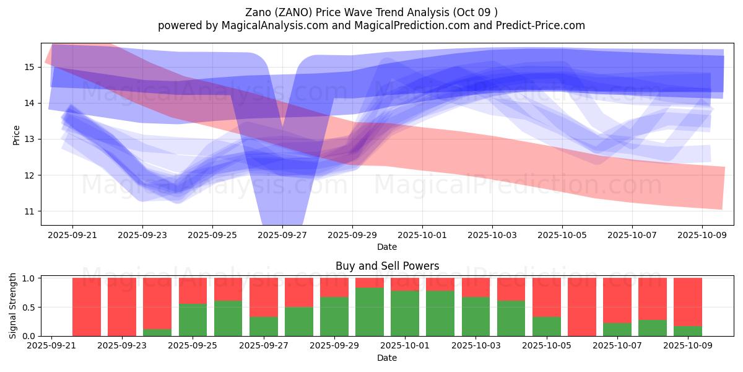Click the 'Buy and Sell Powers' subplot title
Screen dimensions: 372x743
tap(387, 266)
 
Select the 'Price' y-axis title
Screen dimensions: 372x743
tap(17, 135)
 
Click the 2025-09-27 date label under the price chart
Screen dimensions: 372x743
tap(282, 235)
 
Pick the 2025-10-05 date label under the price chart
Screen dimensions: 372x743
tap(562, 235)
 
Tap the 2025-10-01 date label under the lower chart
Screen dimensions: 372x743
tap(404, 346)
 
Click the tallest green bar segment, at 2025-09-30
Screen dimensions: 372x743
tap(369, 312)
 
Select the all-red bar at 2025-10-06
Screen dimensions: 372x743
tap(581, 307)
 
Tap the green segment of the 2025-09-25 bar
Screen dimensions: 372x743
tap(193, 320)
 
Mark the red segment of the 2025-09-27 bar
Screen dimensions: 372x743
tap(263, 297)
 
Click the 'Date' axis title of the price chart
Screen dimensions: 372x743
tap(387, 247)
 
